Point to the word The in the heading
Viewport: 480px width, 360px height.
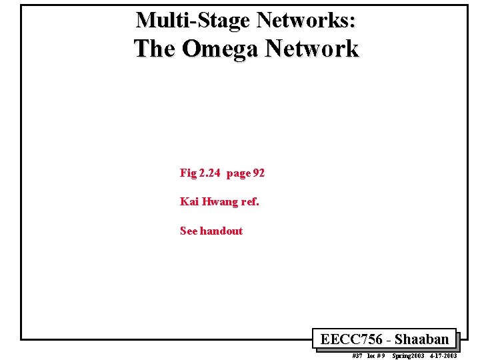[x=155, y=49]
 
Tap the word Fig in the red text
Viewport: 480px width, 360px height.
[x=187, y=173]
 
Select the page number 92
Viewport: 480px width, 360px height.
[x=259, y=173]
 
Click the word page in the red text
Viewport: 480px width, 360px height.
[x=238, y=173]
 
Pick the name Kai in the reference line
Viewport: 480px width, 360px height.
[x=188, y=201]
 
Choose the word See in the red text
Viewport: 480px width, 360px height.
[x=189, y=231]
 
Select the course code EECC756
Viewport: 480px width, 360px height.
[x=351, y=339]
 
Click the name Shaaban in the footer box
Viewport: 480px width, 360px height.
[x=422, y=339]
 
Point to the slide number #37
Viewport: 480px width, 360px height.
[x=358, y=356]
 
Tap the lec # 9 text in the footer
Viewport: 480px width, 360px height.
[x=376, y=356]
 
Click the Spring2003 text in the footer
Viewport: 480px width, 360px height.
[x=408, y=356]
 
